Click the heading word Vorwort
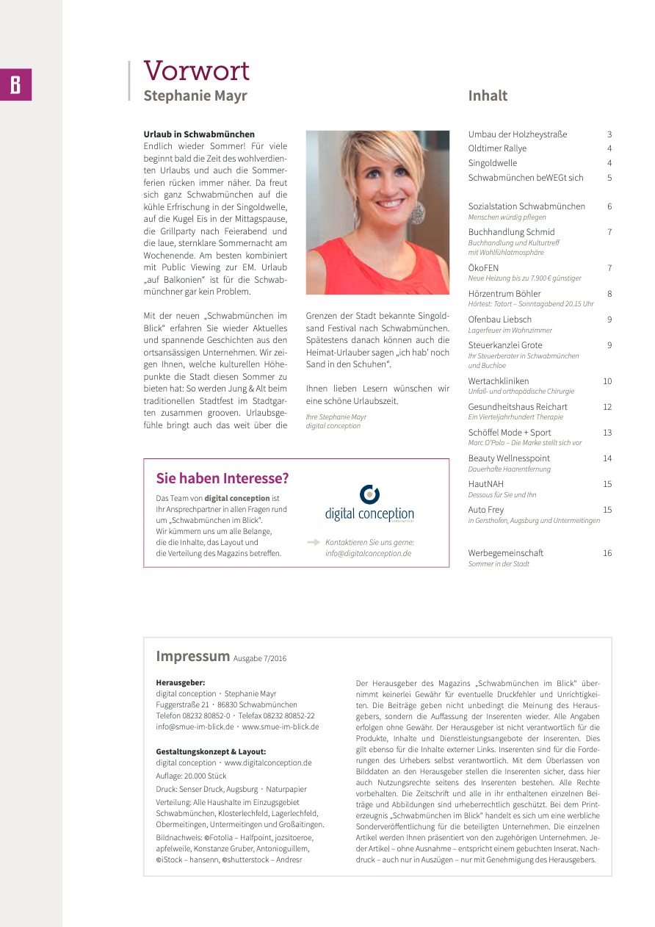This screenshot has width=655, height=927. [x=196, y=71]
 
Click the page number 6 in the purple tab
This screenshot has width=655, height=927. [x=15, y=84]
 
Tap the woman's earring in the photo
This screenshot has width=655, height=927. [x=418, y=212]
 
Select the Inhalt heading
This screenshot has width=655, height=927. [x=488, y=95]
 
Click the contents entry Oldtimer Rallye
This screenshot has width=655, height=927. [x=497, y=148]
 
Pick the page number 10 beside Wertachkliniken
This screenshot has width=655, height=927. [x=607, y=381]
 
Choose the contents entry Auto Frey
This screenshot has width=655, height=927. [x=485, y=510]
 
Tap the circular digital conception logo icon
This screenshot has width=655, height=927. [x=369, y=494]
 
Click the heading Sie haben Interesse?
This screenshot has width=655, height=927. [x=222, y=478]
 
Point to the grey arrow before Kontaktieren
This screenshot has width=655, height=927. [x=314, y=542]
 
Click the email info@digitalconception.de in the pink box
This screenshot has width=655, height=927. [x=368, y=553]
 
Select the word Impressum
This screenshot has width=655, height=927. [x=192, y=656]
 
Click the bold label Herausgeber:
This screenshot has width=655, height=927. [x=180, y=682]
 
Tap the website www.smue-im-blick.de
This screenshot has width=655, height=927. [x=281, y=726]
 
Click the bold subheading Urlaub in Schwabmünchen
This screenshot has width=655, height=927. [x=199, y=134]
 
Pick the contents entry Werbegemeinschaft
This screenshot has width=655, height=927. [x=505, y=553]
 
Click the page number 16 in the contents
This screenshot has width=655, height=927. [x=607, y=553]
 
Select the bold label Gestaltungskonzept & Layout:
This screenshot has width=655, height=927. [x=211, y=751]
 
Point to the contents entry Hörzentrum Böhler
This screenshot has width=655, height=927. [x=504, y=294]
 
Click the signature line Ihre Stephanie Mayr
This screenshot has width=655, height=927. [x=336, y=416]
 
